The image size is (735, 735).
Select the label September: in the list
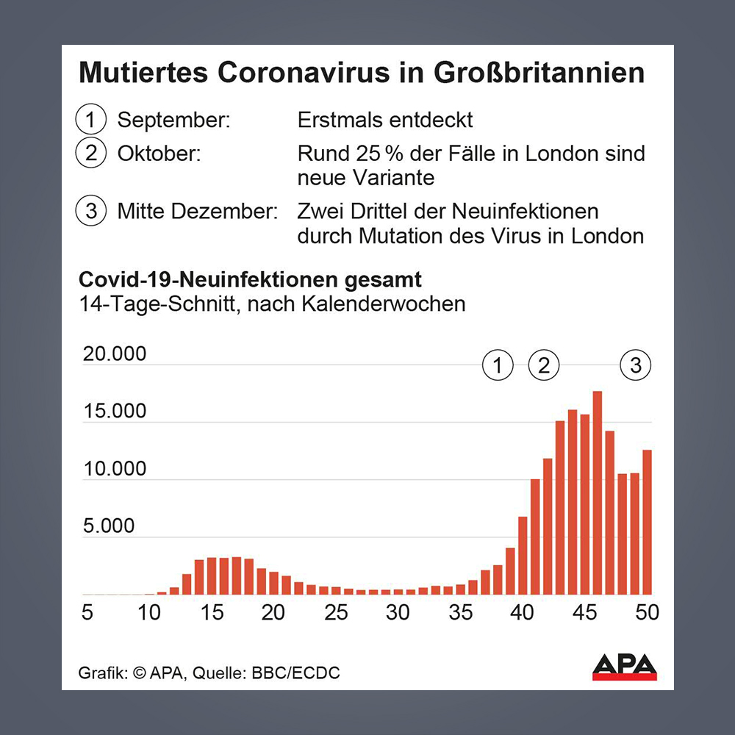(x=173, y=119)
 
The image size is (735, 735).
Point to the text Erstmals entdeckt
(x=385, y=119)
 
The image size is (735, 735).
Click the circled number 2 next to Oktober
(x=91, y=154)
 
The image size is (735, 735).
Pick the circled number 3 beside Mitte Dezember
(x=91, y=212)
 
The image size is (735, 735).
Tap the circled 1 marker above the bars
(x=498, y=365)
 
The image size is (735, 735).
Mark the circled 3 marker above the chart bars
(x=636, y=365)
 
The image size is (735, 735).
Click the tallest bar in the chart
(x=598, y=492)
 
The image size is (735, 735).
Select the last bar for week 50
(x=648, y=522)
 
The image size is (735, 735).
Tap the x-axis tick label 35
(x=461, y=612)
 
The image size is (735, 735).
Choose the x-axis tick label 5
(x=87, y=612)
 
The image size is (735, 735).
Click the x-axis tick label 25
(x=336, y=612)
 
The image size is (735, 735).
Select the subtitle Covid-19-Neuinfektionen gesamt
(x=250, y=280)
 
